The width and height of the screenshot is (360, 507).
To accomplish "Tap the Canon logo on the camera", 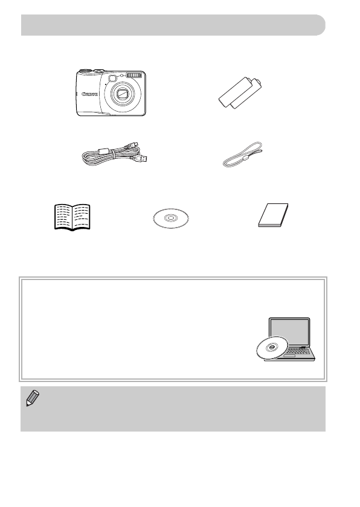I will [x=90, y=94].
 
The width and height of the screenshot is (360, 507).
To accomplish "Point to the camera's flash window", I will [x=137, y=75].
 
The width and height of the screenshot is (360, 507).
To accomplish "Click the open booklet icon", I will [x=71, y=217].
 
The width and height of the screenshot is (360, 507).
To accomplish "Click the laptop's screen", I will [x=289, y=333].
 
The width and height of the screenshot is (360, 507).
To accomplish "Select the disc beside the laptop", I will [x=267, y=348].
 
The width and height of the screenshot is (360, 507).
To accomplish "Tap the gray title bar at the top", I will [x=173, y=25].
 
